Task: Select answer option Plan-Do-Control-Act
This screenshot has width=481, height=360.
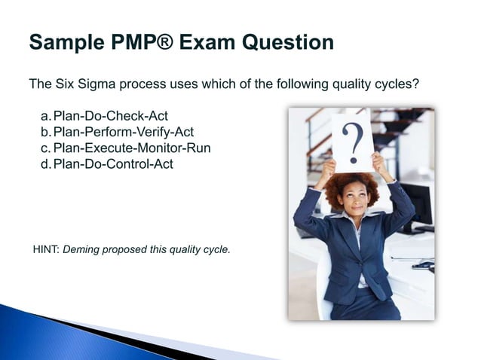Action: point(113,163)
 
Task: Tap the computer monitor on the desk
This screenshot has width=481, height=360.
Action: point(420,203)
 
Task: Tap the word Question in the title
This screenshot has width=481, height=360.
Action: point(295,42)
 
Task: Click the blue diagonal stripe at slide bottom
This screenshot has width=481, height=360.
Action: point(113,339)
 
